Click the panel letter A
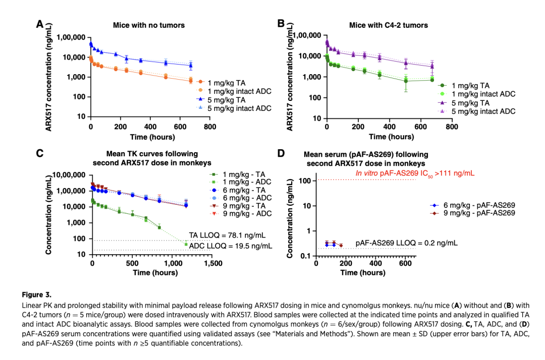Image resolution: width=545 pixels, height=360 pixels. point(39,24)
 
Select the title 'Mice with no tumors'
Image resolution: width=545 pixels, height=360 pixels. point(148,25)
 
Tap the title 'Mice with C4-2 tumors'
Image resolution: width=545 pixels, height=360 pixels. point(388,25)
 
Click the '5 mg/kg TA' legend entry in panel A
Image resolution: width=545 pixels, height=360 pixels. point(237,99)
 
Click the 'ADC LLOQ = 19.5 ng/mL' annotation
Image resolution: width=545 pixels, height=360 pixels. point(231,246)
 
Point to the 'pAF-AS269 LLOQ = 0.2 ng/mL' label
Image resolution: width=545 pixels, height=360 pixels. point(406,243)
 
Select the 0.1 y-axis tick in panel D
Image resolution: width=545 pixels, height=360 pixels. point(305,256)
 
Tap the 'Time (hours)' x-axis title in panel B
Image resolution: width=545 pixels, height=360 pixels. point(389,137)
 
